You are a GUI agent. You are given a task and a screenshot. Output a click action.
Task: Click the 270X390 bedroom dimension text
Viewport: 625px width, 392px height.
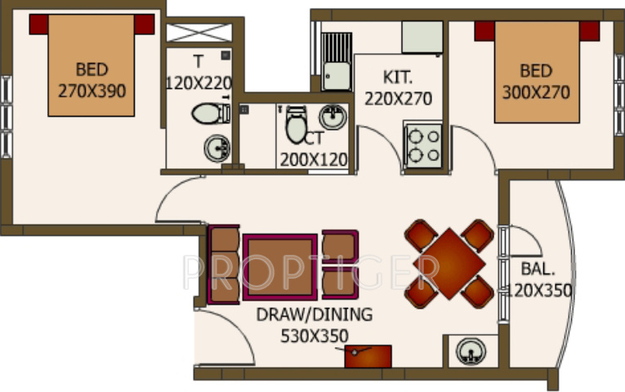click(92, 90)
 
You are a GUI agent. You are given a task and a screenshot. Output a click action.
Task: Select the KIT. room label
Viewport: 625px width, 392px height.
click(399, 78)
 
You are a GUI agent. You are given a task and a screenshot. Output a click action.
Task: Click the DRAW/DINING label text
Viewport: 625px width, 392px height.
click(314, 314)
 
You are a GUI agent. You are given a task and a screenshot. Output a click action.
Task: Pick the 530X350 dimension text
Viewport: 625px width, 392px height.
click(314, 335)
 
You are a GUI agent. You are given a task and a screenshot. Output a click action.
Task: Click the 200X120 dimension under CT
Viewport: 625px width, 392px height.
click(314, 160)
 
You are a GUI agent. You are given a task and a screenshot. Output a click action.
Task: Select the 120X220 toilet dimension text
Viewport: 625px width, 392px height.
click(199, 82)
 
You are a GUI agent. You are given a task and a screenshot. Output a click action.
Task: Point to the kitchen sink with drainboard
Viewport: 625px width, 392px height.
click(335, 61)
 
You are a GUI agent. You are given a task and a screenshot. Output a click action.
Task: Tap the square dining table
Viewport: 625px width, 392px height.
click(449, 263)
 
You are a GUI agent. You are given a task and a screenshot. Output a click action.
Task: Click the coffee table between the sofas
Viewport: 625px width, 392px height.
click(279, 265)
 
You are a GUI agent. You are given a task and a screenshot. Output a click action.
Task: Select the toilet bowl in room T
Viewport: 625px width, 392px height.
click(210, 114)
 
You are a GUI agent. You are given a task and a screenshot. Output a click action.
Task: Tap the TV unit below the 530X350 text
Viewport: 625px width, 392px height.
click(368, 356)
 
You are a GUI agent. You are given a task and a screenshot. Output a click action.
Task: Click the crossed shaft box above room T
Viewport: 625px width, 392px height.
click(199, 33)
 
